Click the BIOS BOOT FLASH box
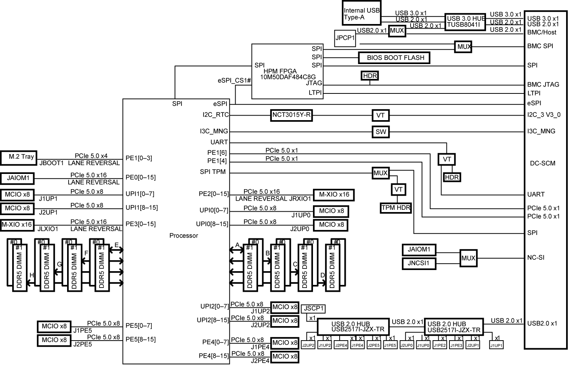(394, 58)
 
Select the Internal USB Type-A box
(362, 13)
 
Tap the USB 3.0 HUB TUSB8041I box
(465, 22)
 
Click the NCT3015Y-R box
(291, 116)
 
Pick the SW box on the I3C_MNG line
(380, 132)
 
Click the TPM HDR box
(396, 208)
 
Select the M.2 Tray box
(19, 158)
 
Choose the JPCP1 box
(345, 38)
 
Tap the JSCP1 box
(313, 309)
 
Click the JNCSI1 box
(419, 264)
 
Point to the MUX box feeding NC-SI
(469, 258)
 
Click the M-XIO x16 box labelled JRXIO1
(334, 195)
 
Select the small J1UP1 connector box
(496, 345)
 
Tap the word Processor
(184, 236)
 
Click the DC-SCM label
(542, 163)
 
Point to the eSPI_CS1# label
(234, 80)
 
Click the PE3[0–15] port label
(141, 224)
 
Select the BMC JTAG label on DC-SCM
(543, 84)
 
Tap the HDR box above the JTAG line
(370, 76)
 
